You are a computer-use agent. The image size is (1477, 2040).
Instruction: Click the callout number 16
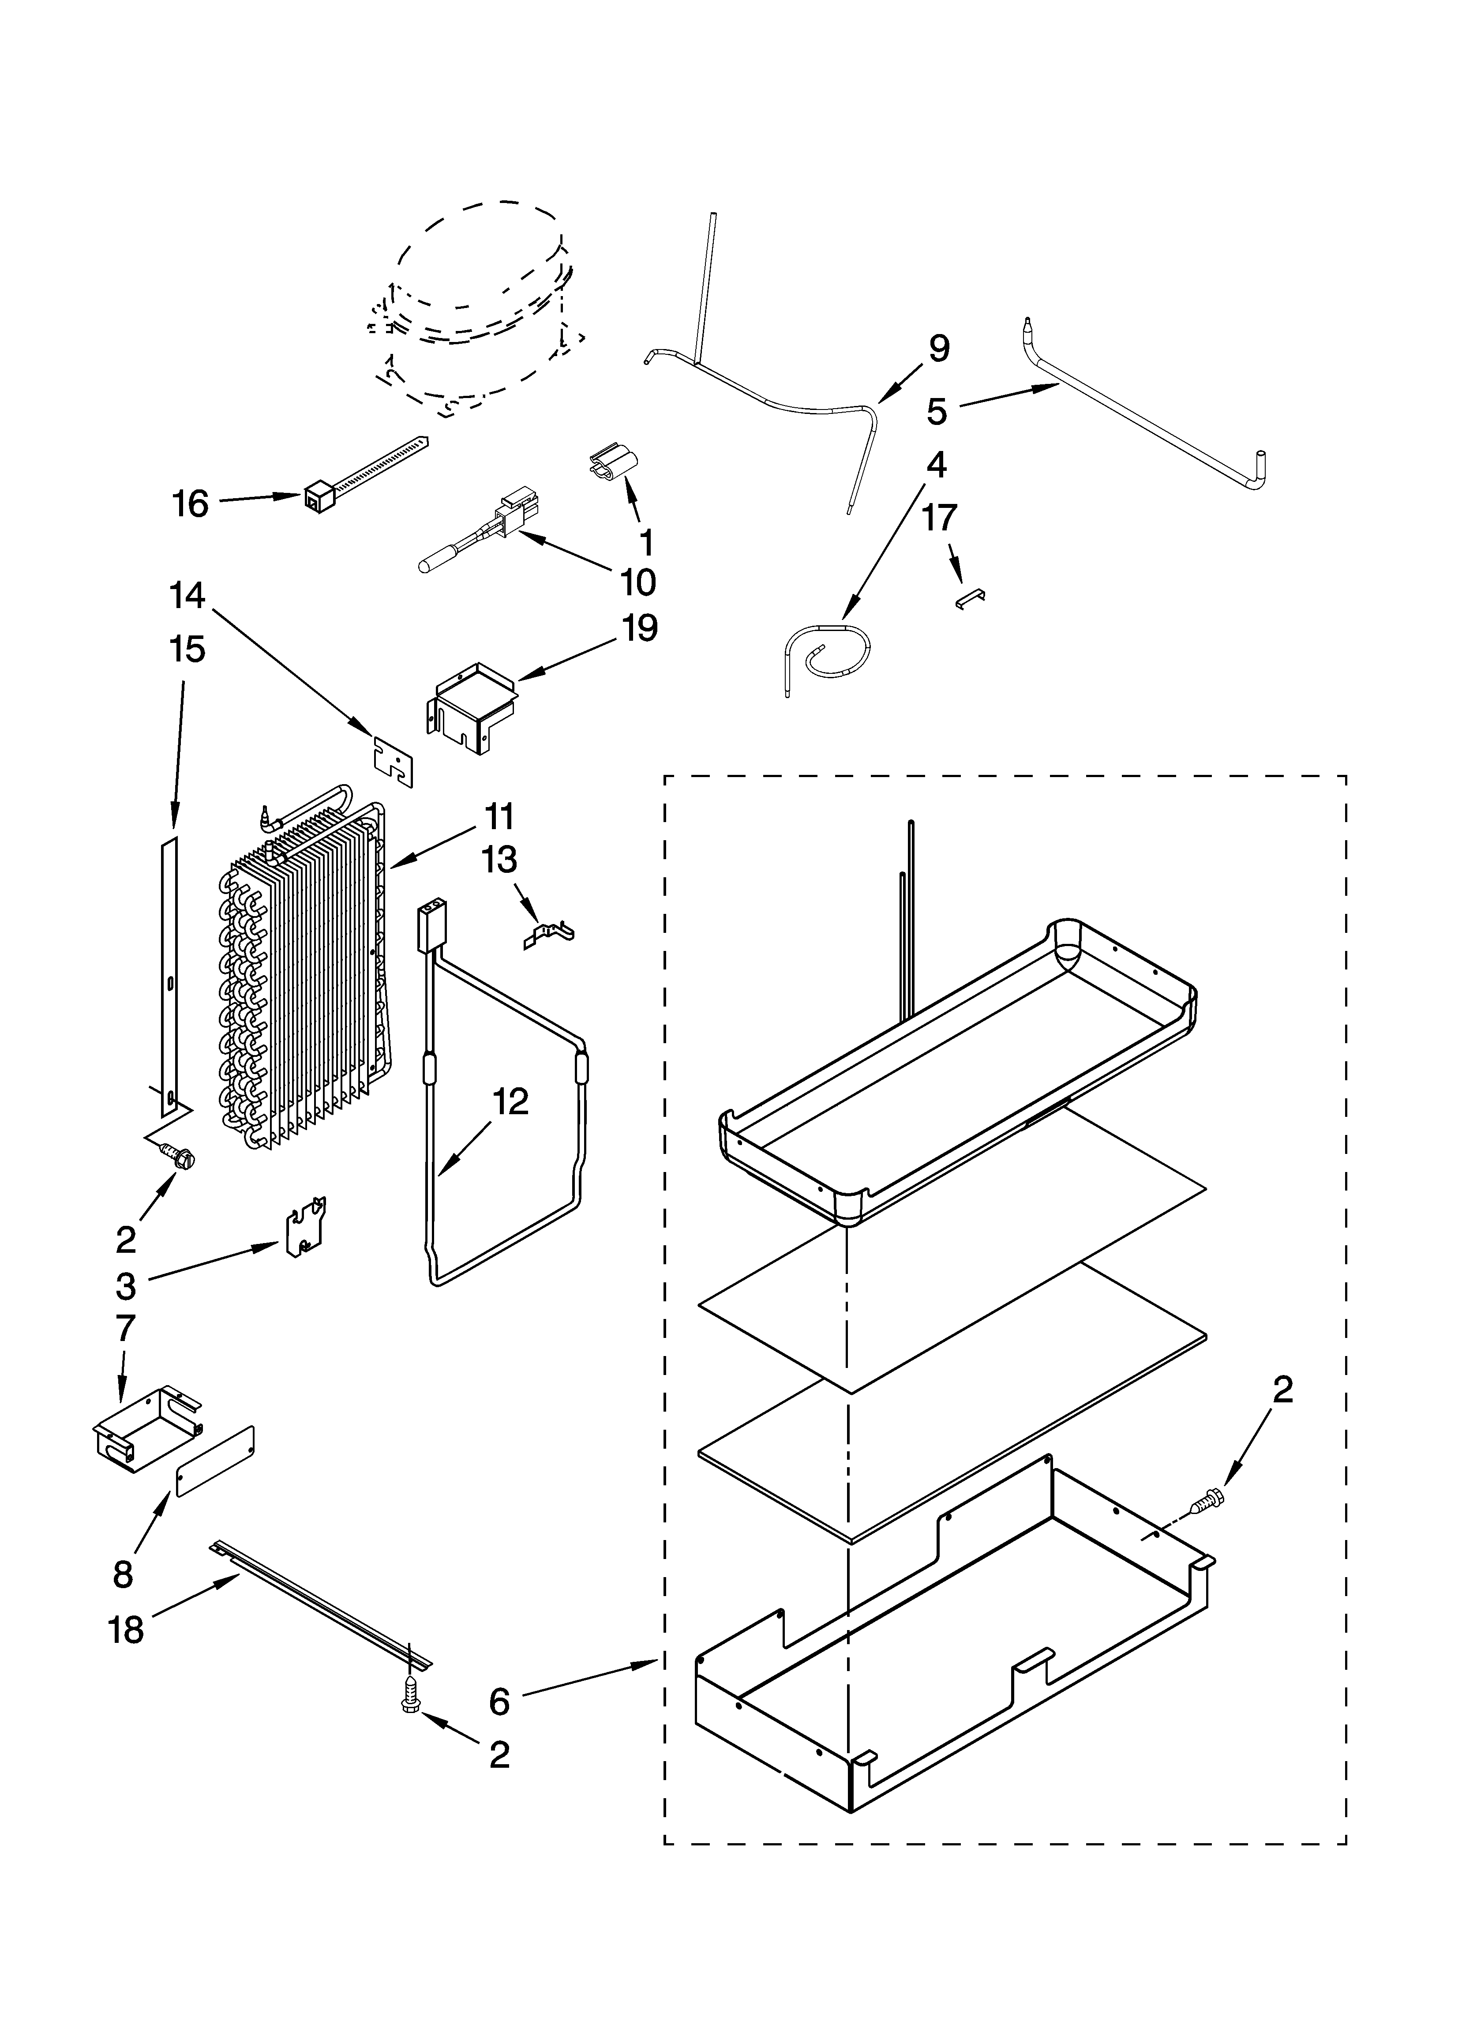click(x=191, y=503)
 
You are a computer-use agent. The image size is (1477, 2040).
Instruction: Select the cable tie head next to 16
click(x=317, y=496)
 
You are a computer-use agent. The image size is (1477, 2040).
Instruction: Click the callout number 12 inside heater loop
click(x=510, y=1102)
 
